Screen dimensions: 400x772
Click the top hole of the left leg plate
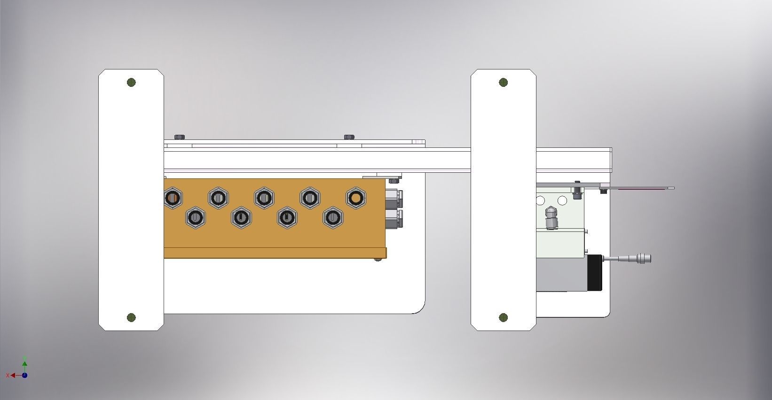click(x=131, y=83)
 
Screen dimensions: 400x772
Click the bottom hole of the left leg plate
click(x=131, y=318)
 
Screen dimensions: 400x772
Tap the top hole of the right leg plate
click(x=504, y=83)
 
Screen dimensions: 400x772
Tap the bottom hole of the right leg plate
click(x=504, y=318)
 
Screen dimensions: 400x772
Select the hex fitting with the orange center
click(x=356, y=198)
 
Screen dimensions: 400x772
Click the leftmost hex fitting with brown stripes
click(x=173, y=198)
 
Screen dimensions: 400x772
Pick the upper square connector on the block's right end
click(x=393, y=198)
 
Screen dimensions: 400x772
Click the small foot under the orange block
click(x=378, y=259)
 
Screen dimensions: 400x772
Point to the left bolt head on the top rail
click(x=179, y=137)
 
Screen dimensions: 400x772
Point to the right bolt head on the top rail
click(x=349, y=137)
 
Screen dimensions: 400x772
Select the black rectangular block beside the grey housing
click(x=595, y=272)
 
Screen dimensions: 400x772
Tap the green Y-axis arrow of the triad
click(x=24, y=363)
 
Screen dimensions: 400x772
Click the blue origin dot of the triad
click(x=24, y=375)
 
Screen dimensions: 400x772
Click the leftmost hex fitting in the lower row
click(x=195, y=217)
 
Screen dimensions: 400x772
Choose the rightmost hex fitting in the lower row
click(x=333, y=217)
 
